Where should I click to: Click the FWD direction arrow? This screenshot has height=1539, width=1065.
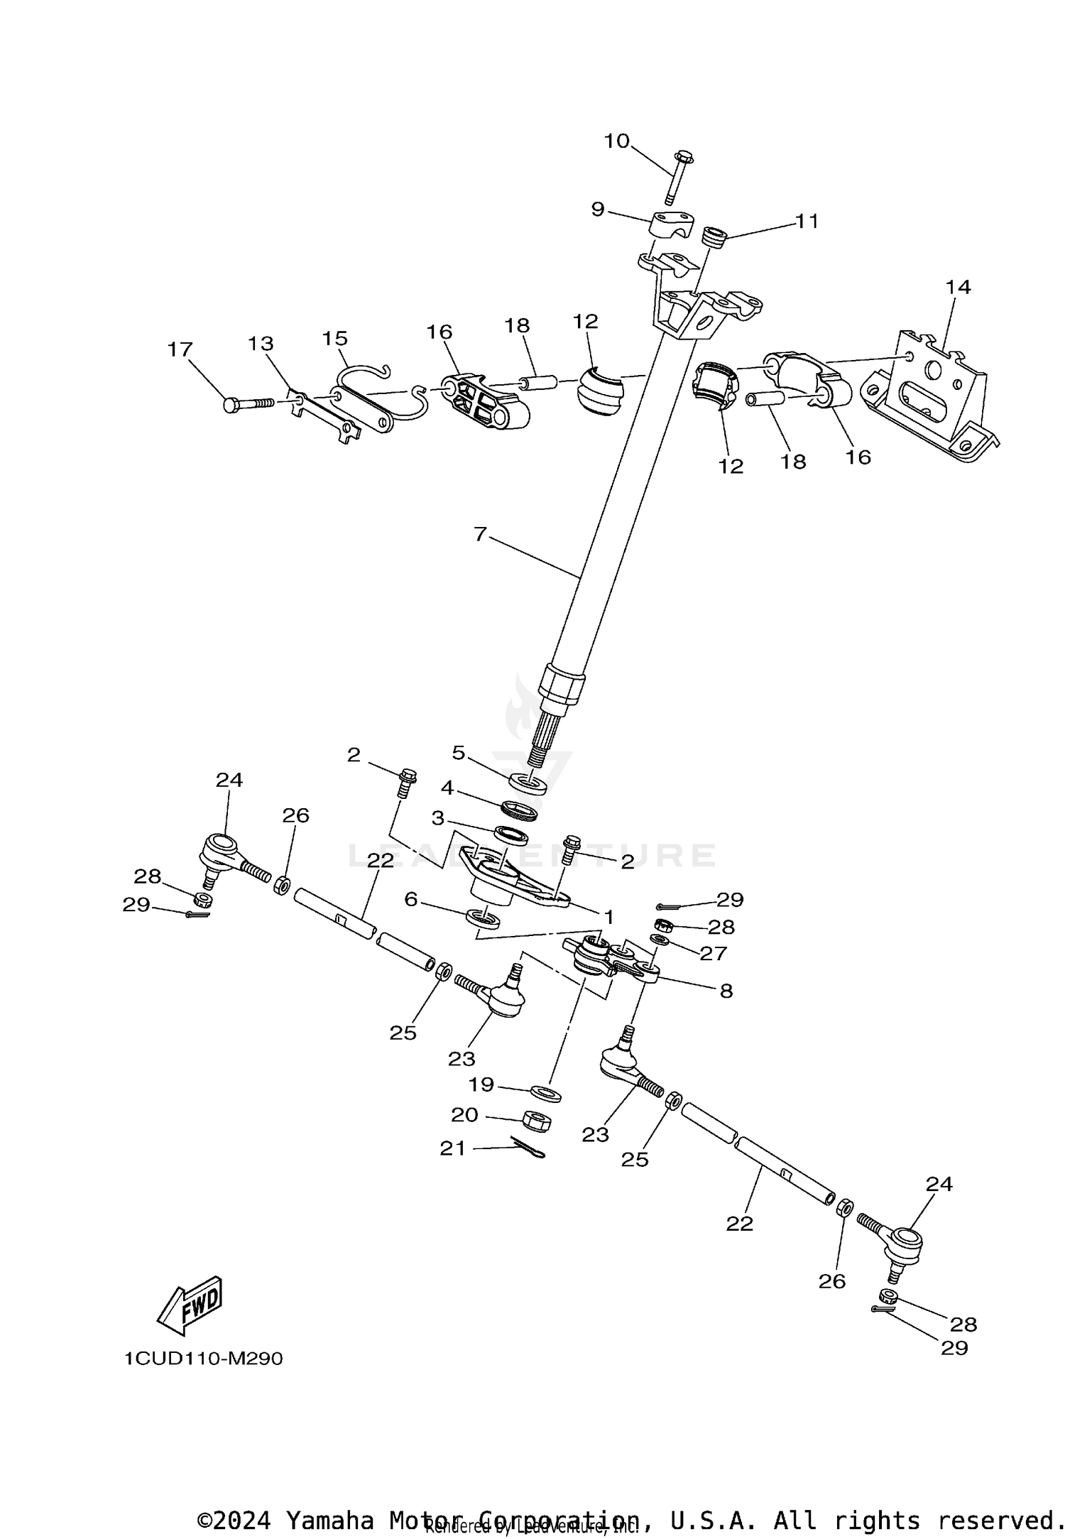pyautogui.click(x=190, y=1305)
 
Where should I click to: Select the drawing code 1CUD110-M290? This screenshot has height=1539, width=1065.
pyautogui.click(x=204, y=1359)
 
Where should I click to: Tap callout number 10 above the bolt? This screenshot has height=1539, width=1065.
pyautogui.click(x=616, y=141)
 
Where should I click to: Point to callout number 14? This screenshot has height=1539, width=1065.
pyautogui.click(x=958, y=287)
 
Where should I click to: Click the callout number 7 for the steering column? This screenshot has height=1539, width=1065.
pyautogui.click(x=481, y=533)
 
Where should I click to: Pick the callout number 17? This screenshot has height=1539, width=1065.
pyautogui.click(x=180, y=349)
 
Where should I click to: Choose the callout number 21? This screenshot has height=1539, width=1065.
pyautogui.click(x=452, y=1148)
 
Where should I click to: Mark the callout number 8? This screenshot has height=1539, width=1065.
pyautogui.click(x=726, y=991)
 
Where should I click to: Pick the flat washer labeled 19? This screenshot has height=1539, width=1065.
pyautogui.click(x=545, y=1092)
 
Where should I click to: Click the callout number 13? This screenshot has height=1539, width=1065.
pyautogui.click(x=261, y=344)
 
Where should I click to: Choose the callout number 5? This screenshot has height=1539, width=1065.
pyautogui.click(x=458, y=752)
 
